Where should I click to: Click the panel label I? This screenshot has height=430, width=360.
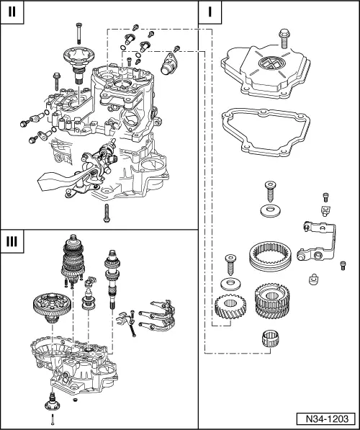click(210, 12)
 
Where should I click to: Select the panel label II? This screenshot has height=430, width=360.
click(12, 12)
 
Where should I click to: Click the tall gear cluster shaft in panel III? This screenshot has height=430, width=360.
click(75, 269)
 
